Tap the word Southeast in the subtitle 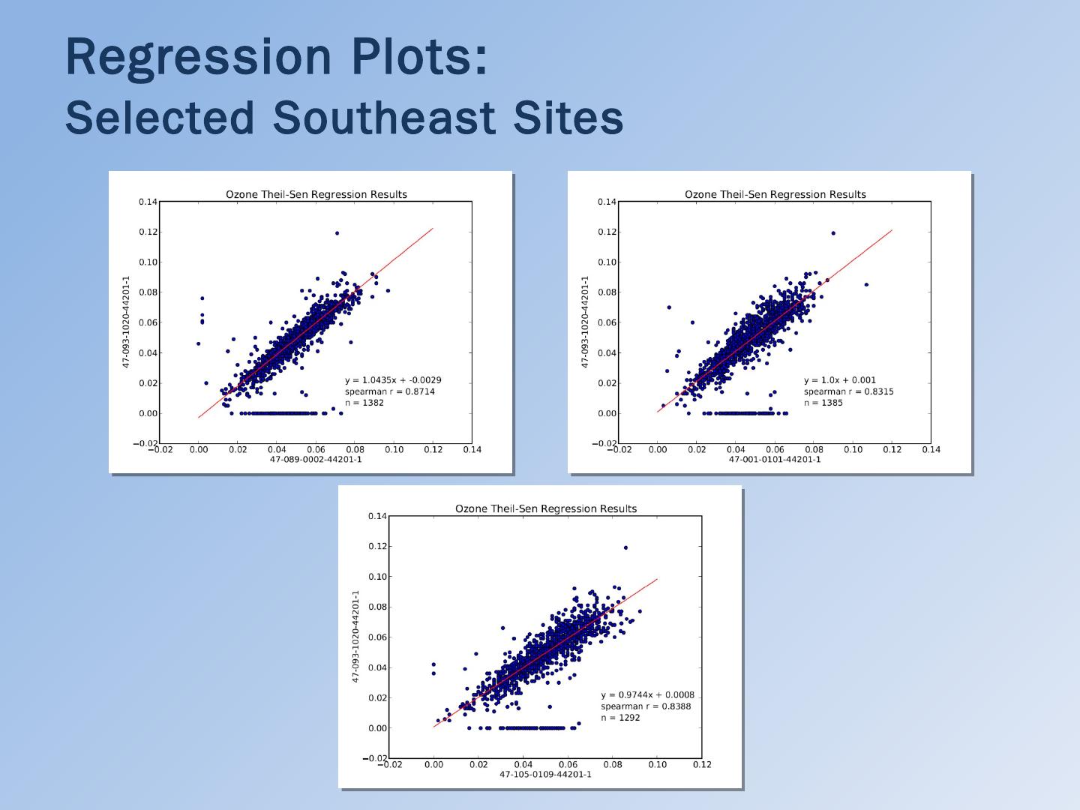(383, 118)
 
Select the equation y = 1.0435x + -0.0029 (393, 380)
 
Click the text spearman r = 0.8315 (848, 391)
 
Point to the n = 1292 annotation (620, 718)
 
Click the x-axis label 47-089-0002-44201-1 (316, 459)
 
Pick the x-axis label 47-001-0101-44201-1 (775, 459)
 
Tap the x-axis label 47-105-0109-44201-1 (545, 774)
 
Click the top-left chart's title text (316, 195)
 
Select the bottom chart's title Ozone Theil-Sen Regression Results (546, 509)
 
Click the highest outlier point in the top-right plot (833, 233)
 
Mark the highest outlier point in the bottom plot (625, 547)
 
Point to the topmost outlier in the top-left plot (337, 233)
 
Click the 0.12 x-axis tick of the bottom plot (702, 765)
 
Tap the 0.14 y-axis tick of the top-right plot (607, 202)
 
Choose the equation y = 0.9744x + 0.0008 (647, 695)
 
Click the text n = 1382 (364, 403)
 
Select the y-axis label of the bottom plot (356, 636)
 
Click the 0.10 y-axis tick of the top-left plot (148, 262)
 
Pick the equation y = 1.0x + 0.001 (840, 380)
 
